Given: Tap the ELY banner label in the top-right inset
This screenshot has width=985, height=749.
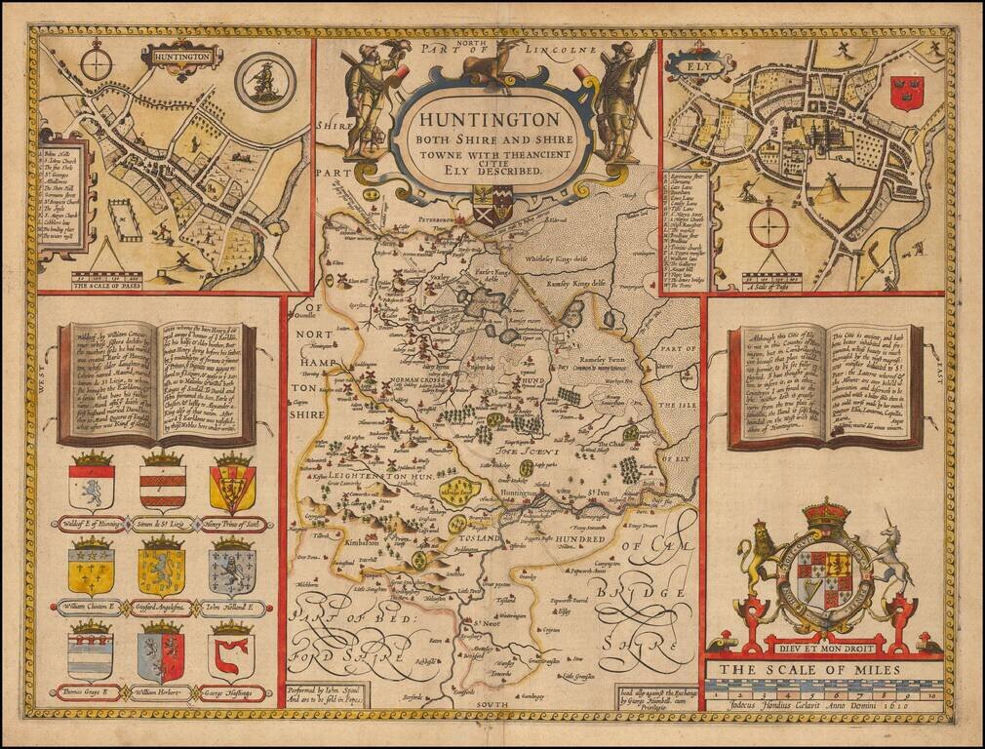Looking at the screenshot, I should [x=686, y=69].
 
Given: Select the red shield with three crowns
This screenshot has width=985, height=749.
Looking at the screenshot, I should [x=907, y=94].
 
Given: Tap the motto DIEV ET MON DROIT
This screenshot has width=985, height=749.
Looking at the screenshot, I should [x=824, y=644].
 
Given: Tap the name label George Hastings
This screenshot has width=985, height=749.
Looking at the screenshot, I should [x=234, y=693].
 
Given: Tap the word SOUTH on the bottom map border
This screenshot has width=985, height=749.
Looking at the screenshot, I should [x=485, y=703].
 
